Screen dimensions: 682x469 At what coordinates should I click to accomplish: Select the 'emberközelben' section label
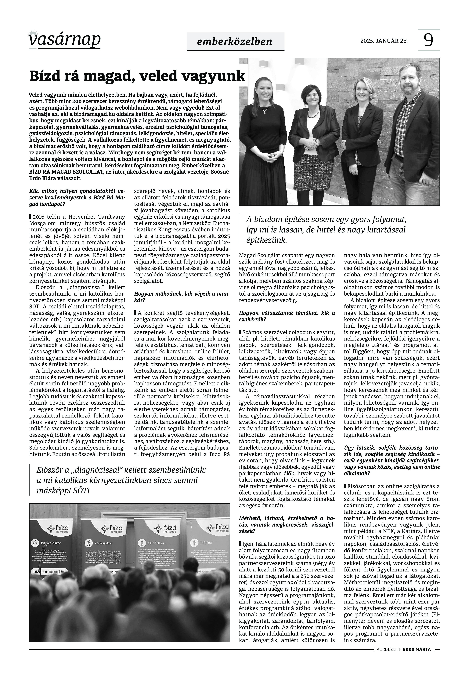pos(235,42)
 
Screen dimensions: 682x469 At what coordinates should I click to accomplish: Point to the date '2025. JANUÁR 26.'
pos(384,41)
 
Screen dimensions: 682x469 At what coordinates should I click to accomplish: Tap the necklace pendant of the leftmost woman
pos(266,112)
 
